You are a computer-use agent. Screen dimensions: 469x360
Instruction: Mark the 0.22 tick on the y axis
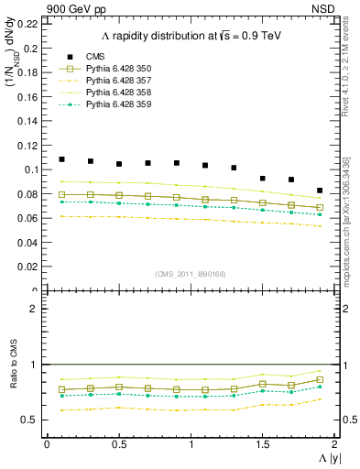[x=28, y=23]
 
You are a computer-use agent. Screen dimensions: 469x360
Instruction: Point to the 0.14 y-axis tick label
[x=28, y=121]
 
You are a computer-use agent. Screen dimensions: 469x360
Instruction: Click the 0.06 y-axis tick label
[x=28, y=218]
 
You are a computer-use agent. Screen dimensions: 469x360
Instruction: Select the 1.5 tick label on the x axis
[x=262, y=444]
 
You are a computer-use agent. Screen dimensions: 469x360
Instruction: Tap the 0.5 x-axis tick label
[x=118, y=444]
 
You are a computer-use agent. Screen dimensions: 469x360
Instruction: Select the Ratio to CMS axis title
[x=14, y=375]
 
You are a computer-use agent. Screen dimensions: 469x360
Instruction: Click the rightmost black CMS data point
[x=320, y=191]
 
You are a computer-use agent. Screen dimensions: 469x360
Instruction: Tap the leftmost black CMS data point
[x=61, y=159]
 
